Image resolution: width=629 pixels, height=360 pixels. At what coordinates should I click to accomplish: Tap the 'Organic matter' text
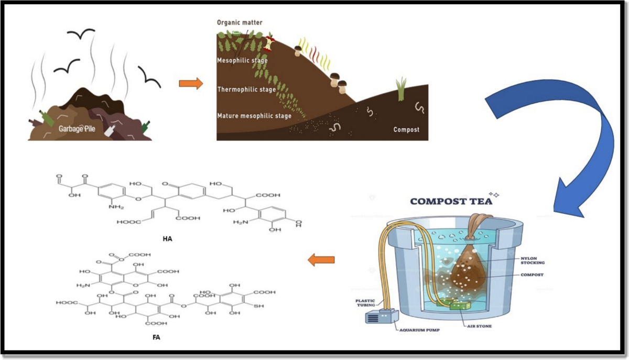[240, 23]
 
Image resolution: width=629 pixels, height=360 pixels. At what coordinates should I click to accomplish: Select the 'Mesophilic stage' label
[242, 61]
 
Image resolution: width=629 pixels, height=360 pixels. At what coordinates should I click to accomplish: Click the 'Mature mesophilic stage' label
[254, 116]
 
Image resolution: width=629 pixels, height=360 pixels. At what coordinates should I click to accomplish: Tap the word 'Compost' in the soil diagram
[406, 129]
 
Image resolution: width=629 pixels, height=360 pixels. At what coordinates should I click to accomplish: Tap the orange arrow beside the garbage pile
[190, 83]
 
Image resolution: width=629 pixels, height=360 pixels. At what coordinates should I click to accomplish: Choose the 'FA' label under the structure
[156, 337]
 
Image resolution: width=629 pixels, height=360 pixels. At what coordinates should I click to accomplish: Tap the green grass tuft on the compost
[402, 89]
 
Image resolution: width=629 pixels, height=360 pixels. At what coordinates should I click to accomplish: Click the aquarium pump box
[379, 317]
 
